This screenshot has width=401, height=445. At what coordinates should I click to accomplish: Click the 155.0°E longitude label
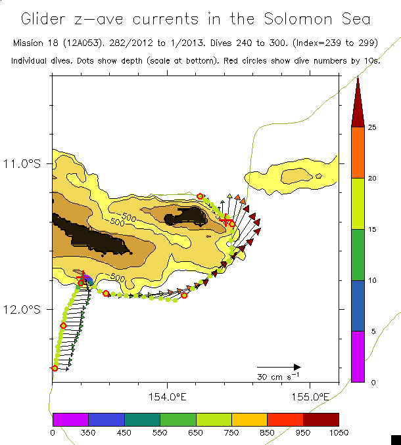(x=310, y=397)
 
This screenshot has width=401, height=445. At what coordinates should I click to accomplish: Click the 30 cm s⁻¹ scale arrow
(x=278, y=367)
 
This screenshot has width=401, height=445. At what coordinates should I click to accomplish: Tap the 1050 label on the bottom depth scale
(x=339, y=432)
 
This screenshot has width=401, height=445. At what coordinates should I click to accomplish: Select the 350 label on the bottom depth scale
(x=88, y=432)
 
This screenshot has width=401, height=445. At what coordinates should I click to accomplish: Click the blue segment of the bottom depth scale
(x=106, y=419)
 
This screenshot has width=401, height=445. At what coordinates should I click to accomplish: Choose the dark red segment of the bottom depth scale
(x=321, y=419)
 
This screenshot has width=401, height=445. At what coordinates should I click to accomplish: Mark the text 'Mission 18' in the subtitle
(x=37, y=43)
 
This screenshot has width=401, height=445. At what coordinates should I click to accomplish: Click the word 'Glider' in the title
(x=47, y=18)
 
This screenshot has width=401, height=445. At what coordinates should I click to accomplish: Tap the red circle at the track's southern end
(x=55, y=368)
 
